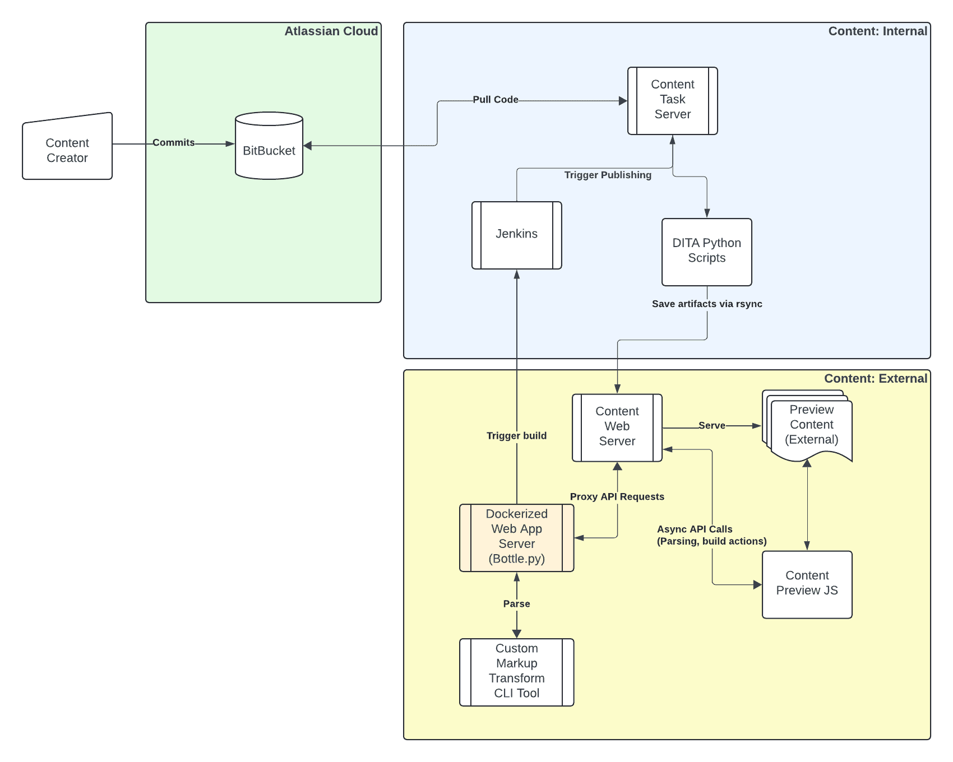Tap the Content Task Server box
coord(673,100)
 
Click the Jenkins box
coord(516,235)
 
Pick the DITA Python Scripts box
coord(706,252)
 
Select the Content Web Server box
coord(617,427)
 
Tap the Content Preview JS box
coord(807,584)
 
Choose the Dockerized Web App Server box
coord(516,537)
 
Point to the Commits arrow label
coord(174,143)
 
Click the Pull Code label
coord(495,100)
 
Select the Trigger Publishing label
coord(608,175)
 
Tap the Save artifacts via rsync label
coord(707,304)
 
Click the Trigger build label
coord(516,436)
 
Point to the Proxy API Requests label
coord(617,496)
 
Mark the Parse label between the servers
coord(516,603)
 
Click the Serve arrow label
coord(711,426)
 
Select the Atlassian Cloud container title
coord(331,31)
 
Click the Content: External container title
coord(875,379)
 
